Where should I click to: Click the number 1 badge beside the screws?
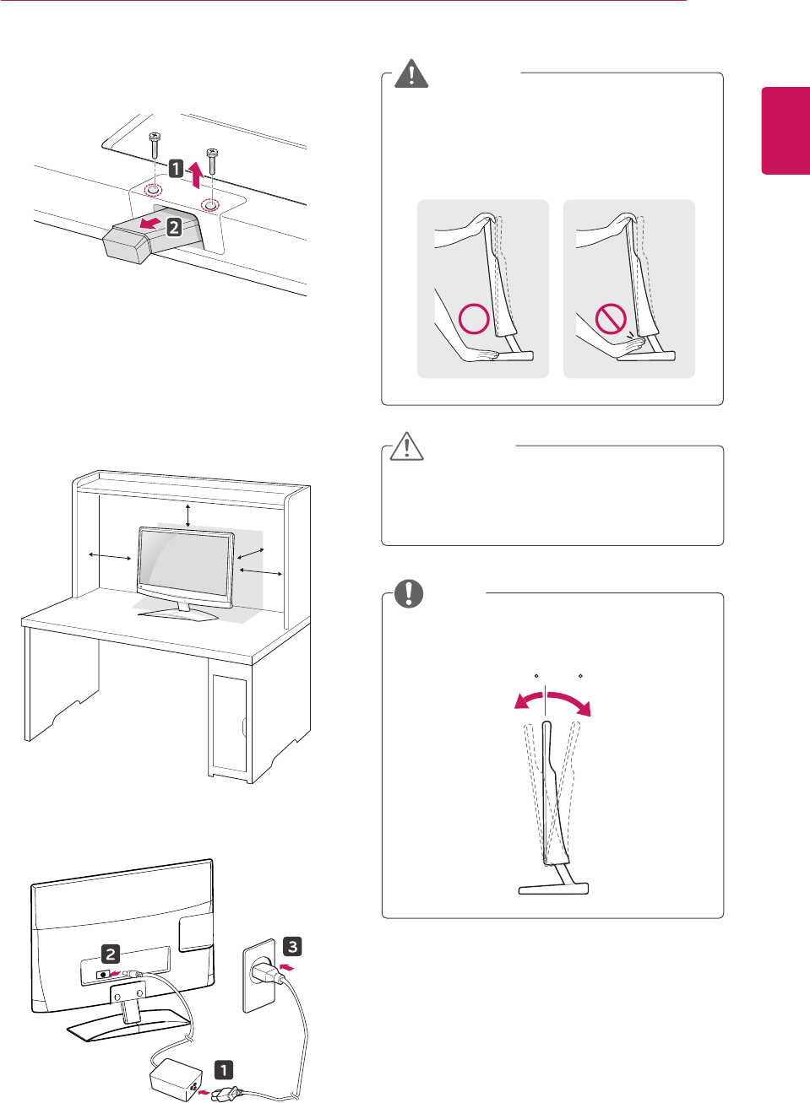point(176,169)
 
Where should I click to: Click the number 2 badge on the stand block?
point(174,226)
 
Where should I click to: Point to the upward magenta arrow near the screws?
point(195,174)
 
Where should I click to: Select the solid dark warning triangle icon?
point(411,74)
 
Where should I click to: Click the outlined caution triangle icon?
point(406,446)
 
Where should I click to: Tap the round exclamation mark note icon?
point(409,593)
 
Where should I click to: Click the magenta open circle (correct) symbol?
point(474,319)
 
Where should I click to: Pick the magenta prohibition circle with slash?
point(611,319)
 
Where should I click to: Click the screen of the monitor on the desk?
point(184,565)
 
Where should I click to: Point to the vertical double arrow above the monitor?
point(188,514)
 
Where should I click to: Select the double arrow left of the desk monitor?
point(110,555)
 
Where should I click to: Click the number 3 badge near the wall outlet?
point(292,946)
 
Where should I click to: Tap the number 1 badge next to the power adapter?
point(223,1070)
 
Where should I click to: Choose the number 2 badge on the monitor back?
point(111,954)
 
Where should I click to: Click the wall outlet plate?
point(258,975)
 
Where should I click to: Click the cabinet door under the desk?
point(229,723)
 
